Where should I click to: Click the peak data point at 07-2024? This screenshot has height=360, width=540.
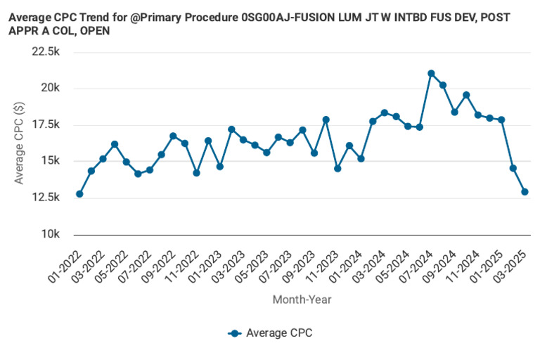431,74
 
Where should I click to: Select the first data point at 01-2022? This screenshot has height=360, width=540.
79,194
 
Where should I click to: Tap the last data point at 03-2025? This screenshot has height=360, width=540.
525,192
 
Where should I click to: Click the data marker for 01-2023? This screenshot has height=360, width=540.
220,167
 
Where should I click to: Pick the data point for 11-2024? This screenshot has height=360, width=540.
478,115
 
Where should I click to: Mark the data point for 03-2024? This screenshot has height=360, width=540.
385,112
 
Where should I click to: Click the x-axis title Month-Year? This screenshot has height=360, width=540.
302,300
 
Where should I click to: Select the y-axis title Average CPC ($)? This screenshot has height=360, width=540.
20,143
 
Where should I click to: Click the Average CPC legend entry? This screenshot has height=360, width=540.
278,333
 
